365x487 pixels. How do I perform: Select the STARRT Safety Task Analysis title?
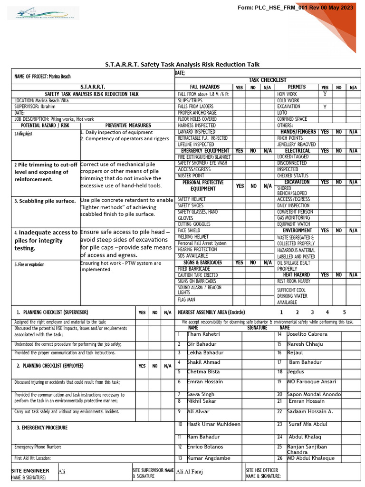(182, 65)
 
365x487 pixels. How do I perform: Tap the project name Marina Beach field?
(43, 77)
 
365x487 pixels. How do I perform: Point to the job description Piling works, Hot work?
(54, 119)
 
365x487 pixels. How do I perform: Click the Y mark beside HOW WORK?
(325, 94)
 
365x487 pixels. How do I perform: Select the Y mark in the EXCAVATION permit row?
(325, 107)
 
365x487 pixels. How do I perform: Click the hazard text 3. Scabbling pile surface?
(45, 201)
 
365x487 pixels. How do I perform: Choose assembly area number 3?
(312, 312)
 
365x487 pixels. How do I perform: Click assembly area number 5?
(344, 312)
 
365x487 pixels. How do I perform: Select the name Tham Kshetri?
(204, 334)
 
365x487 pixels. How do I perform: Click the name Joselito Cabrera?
(307, 334)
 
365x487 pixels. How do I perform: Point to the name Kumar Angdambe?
(209, 458)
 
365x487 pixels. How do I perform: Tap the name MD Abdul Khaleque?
(310, 458)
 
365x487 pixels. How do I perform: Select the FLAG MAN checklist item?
(186, 300)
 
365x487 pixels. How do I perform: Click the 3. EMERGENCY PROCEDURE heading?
(42, 428)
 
